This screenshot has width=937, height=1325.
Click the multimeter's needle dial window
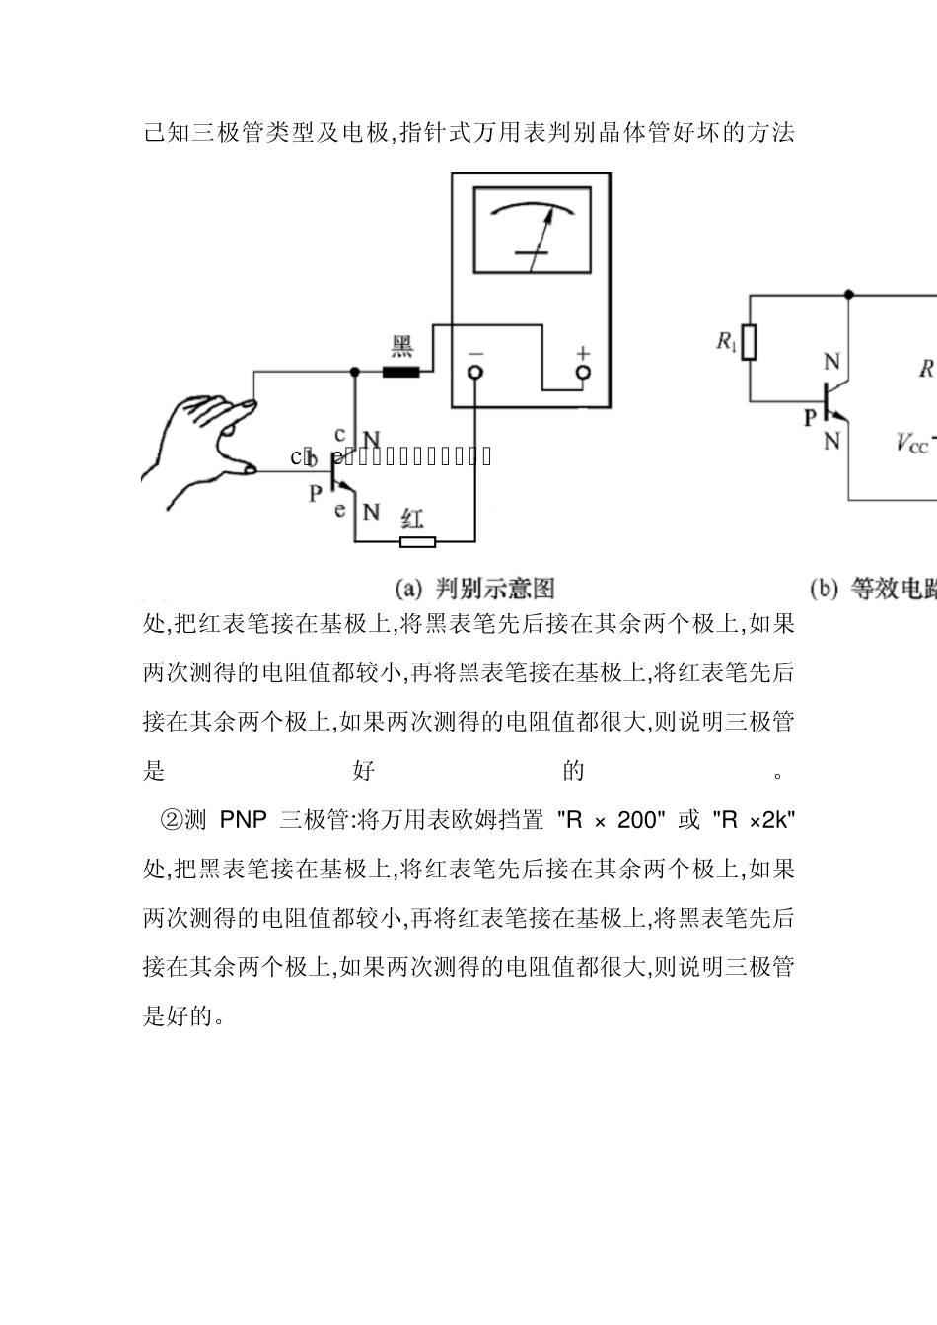click(x=531, y=231)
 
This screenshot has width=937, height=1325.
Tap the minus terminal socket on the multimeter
click(x=475, y=373)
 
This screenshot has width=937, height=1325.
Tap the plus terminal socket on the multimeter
click(x=583, y=373)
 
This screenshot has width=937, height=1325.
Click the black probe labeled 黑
click(x=400, y=372)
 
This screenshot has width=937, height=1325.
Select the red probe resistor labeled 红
click(x=417, y=541)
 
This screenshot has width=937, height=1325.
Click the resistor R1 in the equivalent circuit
click(x=750, y=343)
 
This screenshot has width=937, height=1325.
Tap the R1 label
click(x=727, y=342)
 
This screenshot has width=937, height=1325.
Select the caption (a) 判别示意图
click(x=475, y=590)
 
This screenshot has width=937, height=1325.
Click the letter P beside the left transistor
click(x=316, y=493)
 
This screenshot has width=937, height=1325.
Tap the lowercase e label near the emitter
click(x=340, y=510)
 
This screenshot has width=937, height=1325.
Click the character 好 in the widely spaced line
click(x=364, y=771)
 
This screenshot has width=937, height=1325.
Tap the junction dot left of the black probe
click(x=355, y=372)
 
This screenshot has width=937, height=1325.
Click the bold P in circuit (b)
click(x=810, y=417)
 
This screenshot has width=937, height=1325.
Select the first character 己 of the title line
click(x=154, y=133)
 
